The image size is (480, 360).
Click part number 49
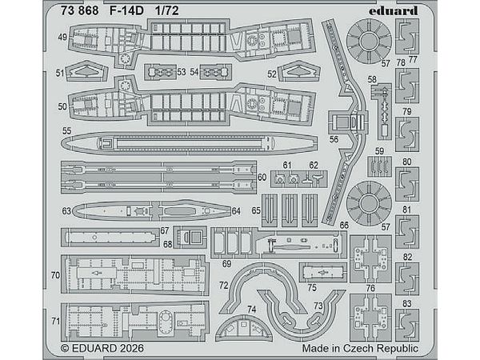pyautogui.click(x=61, y=38)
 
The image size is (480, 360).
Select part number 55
pyautogui.click(x=66, y=130)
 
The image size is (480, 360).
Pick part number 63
pyautogui.click(x=66, y=211)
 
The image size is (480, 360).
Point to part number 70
pyautogui.click(x=54, y=274)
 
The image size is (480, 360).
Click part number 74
pyautogui.click(x=250, y=309)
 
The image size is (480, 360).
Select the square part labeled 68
pyautogui.click(x=190, y=237)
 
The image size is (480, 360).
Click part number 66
pyautogui.click(x=342, y=226)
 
